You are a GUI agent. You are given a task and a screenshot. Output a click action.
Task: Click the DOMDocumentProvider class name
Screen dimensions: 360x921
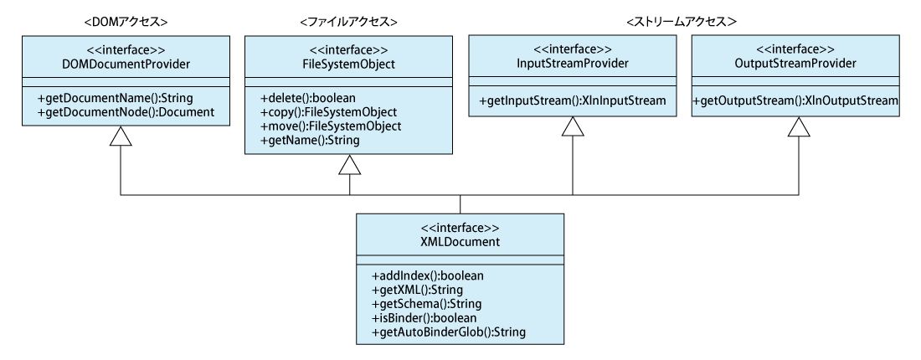point(121,64)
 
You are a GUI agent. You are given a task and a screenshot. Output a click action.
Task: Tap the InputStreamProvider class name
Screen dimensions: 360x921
point(571,64)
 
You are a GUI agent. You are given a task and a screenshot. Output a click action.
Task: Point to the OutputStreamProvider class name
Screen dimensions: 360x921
point(796,64)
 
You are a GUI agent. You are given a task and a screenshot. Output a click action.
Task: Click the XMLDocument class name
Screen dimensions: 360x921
point(460,241)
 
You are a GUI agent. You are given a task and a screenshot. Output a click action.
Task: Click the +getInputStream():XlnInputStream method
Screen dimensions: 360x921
point(571,101)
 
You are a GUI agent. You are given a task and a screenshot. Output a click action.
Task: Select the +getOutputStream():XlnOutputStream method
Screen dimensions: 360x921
point(796,101)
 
